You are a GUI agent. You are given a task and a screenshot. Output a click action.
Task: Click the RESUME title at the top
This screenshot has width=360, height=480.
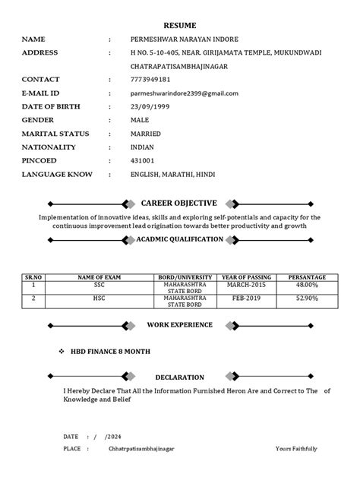[179, 24]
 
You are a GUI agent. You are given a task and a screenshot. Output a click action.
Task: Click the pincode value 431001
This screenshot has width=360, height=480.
[142, 161]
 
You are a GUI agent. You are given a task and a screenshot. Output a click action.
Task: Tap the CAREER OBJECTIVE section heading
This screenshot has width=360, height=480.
[179, 204]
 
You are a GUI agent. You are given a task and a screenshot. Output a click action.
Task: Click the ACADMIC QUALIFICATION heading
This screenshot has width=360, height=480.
[179, 239]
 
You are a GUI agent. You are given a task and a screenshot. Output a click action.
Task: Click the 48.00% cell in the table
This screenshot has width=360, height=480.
[307, 286]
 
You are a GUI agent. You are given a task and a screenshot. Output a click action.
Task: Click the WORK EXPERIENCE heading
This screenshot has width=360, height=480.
[179, 324]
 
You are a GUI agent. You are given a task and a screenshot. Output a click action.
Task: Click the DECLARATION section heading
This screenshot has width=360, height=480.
[179, 377]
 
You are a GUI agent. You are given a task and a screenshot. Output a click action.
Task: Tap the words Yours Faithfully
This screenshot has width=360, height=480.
[296, 449]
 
